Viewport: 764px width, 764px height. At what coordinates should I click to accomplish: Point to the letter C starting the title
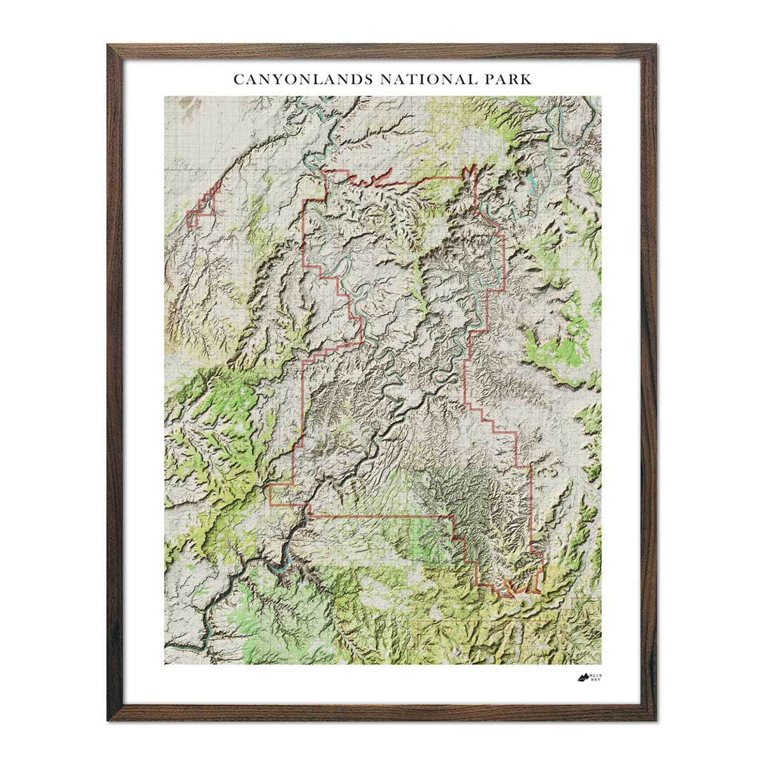[x=237, y=80]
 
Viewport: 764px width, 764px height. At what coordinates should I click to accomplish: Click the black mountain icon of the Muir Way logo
[x=583, y=677]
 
